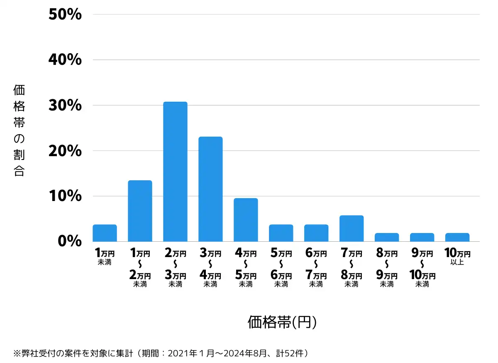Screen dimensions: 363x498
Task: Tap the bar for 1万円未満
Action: [x=105, y=233]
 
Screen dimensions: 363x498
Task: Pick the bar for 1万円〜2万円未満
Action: [x=140, y=211]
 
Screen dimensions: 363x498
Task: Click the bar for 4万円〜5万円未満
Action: [x=246, y=220]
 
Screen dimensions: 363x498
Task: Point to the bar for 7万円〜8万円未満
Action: [x=352, y=228]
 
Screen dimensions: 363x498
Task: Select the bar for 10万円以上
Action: [x=457, y=237]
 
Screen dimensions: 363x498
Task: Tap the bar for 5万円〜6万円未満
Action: [x=281, y=233]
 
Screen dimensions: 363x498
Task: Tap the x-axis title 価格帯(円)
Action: [x=282, y=322]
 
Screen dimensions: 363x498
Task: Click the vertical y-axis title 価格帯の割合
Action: [x=19, y=130]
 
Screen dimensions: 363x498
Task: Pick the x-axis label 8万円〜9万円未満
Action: [x=387, y=268]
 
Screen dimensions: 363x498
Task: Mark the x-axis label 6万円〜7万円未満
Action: [x=316, y=268]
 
